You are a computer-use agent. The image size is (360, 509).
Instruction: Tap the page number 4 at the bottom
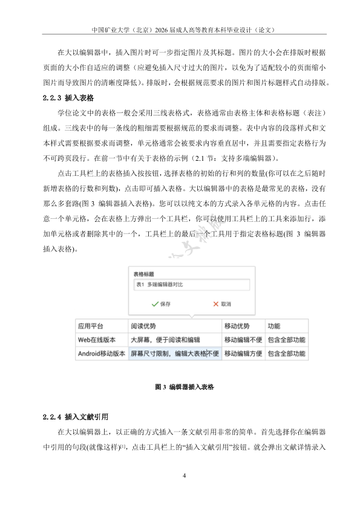[x=183, y=476]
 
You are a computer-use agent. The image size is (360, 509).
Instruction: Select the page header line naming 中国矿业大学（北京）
[x=180, y=28]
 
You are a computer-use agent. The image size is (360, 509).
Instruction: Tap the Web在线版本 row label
[x=101, y=340]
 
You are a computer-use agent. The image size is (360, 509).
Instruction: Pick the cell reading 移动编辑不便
[x=242, y=340]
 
